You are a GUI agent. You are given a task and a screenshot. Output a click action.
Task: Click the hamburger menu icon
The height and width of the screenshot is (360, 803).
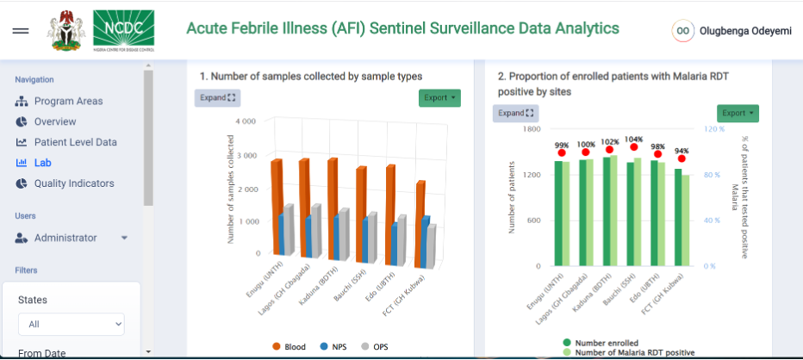click(21, 31)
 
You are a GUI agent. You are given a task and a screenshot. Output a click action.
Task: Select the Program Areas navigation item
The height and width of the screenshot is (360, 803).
click(68, 101)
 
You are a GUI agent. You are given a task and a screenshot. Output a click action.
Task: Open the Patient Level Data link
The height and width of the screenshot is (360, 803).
click(75, 142)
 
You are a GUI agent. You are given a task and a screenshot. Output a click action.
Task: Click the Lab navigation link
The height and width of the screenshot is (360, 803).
click(43, 163)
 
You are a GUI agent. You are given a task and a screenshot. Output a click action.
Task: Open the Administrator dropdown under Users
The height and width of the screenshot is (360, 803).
click(73, 238)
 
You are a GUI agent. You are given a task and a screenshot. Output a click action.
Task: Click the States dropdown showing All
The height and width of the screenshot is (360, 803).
click(71, 325)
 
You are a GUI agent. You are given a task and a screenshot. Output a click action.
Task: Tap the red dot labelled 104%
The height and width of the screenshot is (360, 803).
click(634, 147)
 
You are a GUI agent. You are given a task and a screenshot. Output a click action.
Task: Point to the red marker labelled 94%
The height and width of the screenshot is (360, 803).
click(682, 159)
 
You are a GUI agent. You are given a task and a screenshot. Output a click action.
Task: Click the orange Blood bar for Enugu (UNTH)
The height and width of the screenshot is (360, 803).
click(277, 207)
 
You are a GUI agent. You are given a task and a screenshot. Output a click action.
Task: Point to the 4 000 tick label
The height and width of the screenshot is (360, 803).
click(245, 122)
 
